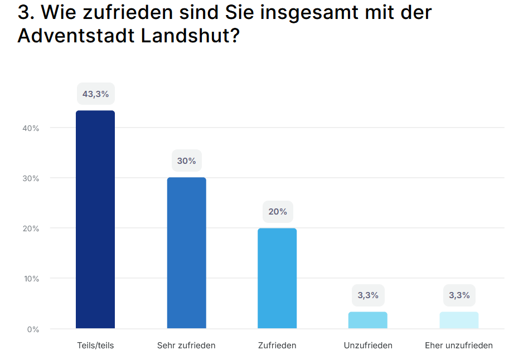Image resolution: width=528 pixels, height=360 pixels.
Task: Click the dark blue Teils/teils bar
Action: [95, 220]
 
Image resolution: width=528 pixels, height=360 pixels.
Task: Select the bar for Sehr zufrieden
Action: [186, 253]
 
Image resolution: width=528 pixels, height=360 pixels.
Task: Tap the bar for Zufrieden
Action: [277, 278]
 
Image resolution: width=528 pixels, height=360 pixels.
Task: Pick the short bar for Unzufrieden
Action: [368, 320]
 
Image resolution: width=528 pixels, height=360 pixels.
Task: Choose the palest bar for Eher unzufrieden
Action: [459, 320]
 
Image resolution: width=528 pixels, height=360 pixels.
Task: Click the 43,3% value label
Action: [95, 94]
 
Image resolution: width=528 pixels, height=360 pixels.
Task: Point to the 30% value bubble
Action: [186, 161]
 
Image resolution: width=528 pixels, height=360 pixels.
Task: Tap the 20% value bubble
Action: [277, 212]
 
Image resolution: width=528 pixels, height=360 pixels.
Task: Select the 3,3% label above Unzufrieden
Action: [368, 295]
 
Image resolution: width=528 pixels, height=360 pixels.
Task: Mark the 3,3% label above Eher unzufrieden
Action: [459, 295]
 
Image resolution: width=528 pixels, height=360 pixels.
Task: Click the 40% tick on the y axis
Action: [31, 128]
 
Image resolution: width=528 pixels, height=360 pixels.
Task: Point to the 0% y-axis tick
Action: [33, 329]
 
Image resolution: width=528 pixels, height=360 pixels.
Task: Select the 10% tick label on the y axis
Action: [31, 279]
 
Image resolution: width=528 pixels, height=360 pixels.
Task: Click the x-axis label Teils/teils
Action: [95, 346]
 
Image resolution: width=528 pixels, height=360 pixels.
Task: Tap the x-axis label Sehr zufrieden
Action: [186, 346]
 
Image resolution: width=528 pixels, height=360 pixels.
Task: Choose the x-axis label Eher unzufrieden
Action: [459, 346]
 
